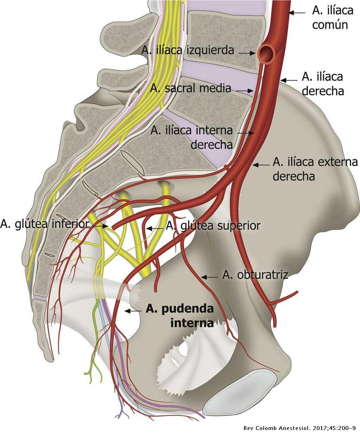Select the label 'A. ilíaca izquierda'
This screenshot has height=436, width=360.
click(188, 50)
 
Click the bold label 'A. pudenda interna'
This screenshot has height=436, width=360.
click(180, 316)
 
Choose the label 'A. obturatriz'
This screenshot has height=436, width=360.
click(255, 275)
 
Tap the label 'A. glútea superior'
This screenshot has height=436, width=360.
click(213, 226)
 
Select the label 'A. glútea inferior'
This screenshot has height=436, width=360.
click(44, 224)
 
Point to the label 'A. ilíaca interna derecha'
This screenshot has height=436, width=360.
click(192, 137)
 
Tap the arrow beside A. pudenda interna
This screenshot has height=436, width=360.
click(133, 311)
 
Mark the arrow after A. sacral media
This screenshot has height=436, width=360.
click(245, 90)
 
